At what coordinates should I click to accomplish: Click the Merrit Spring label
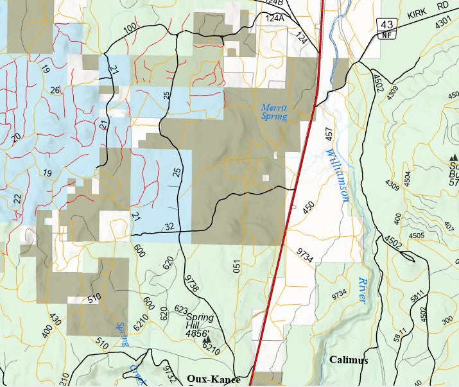[x=274, y=112]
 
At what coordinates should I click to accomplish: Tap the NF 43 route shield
[x=386, y=28]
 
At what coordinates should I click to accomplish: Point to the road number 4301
[x=444, y=22]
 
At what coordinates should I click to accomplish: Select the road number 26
[x=55, y=90]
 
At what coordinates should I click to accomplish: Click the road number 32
[x=169, y=226]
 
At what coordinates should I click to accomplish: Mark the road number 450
[x=309, y=207]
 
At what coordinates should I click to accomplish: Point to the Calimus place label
[x=349, y=360]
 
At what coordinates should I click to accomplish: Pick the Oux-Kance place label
[x=214, y=379]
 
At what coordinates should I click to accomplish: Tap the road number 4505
[x=416, y=236]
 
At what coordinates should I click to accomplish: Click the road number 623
[x=180, y=310]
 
